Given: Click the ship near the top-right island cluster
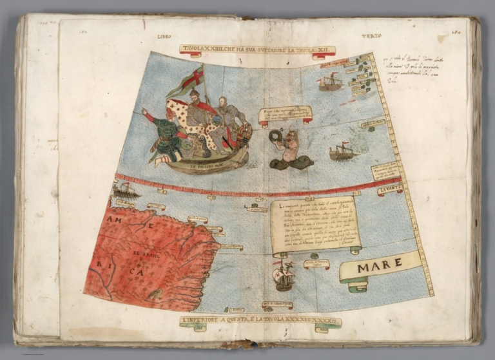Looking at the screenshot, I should tap(330, 82).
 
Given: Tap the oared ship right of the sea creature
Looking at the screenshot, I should tap(343, 152).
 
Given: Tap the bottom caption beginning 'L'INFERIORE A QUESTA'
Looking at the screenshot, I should tap(260, 320).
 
